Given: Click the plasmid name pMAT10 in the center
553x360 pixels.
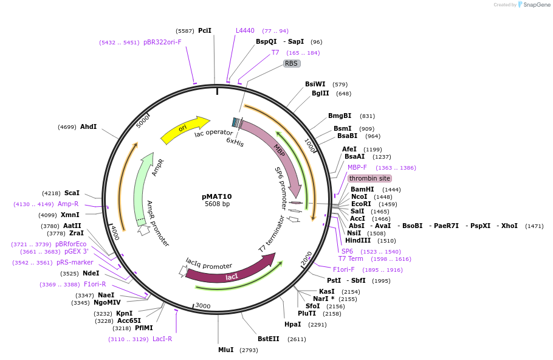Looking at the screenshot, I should point(217,196).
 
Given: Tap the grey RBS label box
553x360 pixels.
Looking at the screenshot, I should point(292,63).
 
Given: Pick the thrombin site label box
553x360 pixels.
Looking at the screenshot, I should point(369,178).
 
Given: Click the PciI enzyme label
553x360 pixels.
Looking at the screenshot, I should point(205,30).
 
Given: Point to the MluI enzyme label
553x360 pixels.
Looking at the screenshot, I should point(225,350).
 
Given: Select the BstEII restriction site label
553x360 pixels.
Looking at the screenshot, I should point(268,339).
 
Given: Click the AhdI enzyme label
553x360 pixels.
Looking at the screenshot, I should point(88,126).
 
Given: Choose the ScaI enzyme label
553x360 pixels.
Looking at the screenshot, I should point(72,193).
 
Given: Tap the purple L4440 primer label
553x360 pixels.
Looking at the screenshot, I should point(245,30).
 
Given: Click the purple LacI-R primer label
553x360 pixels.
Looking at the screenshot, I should point(162,339).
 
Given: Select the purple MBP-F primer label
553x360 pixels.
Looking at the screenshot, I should point(357,167).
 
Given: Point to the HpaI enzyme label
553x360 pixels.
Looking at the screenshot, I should point(293,324).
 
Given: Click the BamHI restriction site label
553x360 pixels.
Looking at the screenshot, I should point(363,189).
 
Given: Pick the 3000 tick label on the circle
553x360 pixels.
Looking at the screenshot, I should point(202,305).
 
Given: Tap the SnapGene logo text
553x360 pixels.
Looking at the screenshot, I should point(537,4).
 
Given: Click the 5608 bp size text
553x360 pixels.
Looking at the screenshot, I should point(217,204).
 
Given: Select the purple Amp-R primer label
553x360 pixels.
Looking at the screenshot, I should point(68,204).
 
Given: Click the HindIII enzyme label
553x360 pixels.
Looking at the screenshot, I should point(358,240).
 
